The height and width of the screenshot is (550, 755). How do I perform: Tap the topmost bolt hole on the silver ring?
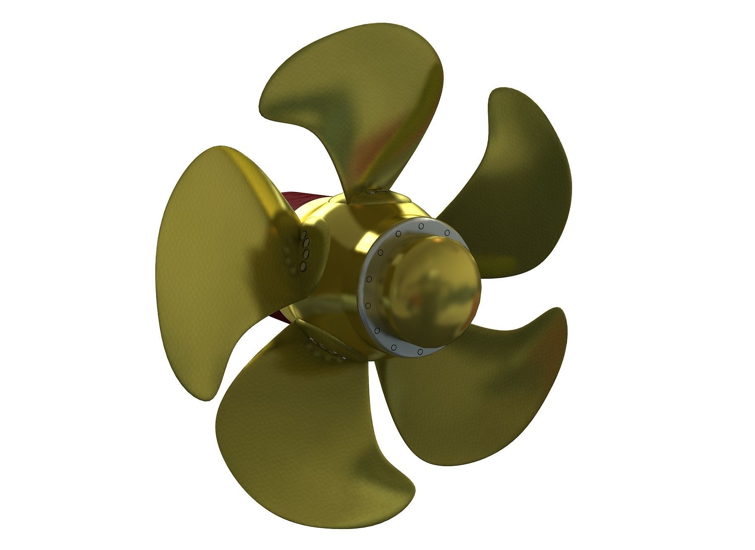point(420,226)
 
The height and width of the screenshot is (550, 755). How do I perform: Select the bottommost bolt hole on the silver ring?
point(420,351)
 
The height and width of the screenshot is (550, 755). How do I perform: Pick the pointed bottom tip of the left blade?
point(209,396)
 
